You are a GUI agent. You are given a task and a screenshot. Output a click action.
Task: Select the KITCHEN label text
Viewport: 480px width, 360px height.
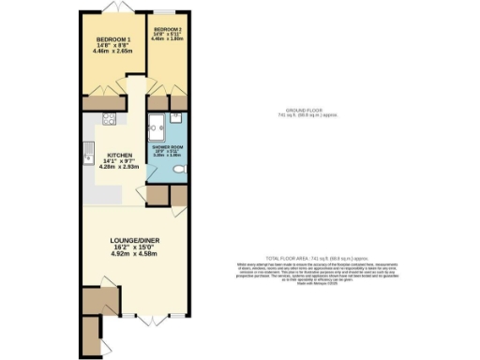click(120, 156)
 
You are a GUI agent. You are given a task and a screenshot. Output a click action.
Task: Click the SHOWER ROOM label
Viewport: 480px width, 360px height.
click(166, 147)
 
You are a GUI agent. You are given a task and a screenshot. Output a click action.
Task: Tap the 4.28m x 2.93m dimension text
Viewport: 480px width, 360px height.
click(122, 168)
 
